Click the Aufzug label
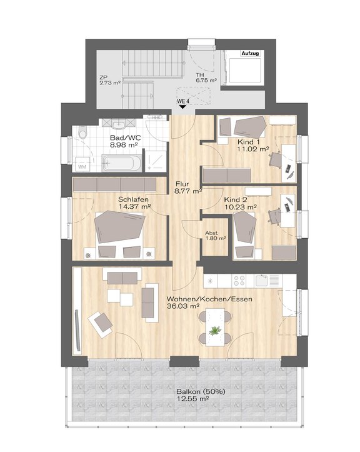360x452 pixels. [251, 53]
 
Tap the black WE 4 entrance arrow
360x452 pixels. [182, 107]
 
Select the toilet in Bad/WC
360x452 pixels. [82, 133]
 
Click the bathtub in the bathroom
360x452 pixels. [122, 163]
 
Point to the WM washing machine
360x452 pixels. [82, 164]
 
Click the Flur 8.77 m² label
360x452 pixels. [187, 187]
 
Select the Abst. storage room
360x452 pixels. [215, 236]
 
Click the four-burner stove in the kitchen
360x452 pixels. [239, 281]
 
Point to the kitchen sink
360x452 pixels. [262, 281]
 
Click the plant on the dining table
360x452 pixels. [215, 330]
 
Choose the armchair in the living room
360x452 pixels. [100, 324]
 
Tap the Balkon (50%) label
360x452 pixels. [201, 392]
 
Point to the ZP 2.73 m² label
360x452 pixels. [109, 80]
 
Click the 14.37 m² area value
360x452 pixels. [134, 206]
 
